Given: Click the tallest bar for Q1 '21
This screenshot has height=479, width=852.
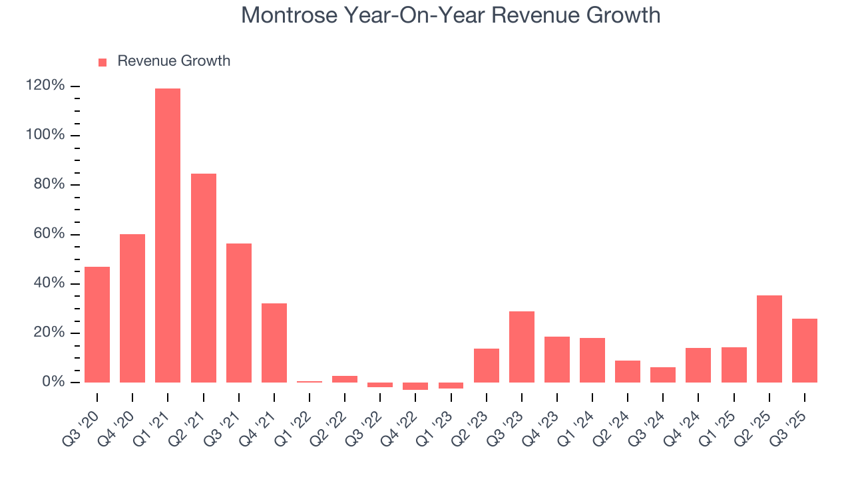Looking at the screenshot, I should [x=168, y=236].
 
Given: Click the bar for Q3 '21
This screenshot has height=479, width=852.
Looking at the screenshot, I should [x=238, y=313].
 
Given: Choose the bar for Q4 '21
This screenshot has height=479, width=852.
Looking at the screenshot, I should [x=274, y=343].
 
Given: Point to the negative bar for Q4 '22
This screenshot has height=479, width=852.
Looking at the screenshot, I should [x=415, y=386].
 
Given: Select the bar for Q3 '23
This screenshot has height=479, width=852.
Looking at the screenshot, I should [x=521, y=347].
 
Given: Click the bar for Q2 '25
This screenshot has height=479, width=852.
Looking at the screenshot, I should [x=769, y=339].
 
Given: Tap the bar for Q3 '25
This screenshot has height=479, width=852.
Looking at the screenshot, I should [x=804, y=351].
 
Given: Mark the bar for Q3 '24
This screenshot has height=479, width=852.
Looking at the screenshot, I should [x=663, y=375].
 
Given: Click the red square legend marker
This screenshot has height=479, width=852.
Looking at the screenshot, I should [x=103, y=62].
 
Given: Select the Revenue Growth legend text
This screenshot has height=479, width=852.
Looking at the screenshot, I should [x=174, y=61].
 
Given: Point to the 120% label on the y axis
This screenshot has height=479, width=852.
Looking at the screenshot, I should [x=45, y=86].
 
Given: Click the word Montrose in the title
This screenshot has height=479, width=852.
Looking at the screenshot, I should [x=288, y=15].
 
